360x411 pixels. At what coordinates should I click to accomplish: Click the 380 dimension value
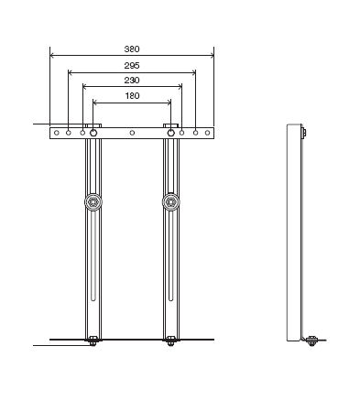click(x=132, y=49)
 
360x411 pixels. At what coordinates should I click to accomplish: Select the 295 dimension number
click(x=132, y=65)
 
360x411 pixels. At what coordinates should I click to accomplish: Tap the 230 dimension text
click(x=132, y=80)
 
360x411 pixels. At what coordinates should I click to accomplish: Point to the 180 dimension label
click(x=132, y=95)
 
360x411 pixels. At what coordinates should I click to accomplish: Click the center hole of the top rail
click(x=132, y=133)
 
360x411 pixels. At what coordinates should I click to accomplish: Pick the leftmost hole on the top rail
click(x=57, y=133)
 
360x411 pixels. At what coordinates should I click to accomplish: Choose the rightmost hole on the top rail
click(x=207, y=133)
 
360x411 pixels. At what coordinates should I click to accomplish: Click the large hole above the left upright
click(x=93, y=133)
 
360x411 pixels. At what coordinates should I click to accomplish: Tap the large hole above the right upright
click(x=171, y=133)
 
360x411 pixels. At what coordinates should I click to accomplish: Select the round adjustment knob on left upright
click(x=93, y=201)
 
